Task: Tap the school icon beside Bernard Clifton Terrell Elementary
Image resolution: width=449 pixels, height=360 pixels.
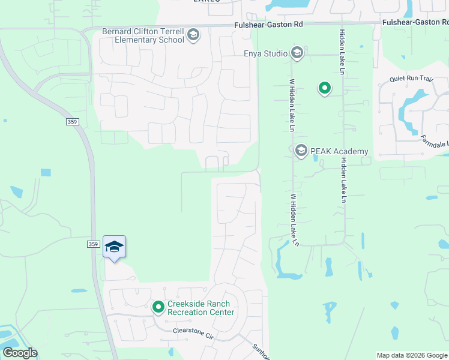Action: [x=193, y=35]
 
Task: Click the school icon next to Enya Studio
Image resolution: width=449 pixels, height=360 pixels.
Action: [x=297, y=53]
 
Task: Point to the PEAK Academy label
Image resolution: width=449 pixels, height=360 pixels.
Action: [x=339, y=151]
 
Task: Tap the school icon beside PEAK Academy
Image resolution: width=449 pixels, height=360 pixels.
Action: [x=301, y=151]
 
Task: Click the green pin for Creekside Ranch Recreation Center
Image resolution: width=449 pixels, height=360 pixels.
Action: [x=158, y=307]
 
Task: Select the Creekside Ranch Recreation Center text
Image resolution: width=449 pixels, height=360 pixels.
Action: [x=200, y=308]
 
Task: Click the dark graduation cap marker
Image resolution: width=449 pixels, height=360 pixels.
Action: [x=114, y=247]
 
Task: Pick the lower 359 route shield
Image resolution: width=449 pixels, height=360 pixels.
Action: [x=93, y=244]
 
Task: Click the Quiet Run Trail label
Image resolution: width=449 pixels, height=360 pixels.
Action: [x=411, y=78]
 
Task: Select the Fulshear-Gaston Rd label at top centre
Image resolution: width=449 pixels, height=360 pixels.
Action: [x=268, y=25]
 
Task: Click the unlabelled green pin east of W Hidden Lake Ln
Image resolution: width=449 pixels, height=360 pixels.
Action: [x=324, y=89]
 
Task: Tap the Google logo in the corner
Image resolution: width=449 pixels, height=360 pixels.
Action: [x=20, y=353]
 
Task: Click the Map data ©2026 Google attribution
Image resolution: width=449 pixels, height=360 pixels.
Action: [x=412, y=355]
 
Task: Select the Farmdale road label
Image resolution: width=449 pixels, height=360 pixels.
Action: [x=434, y=142]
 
